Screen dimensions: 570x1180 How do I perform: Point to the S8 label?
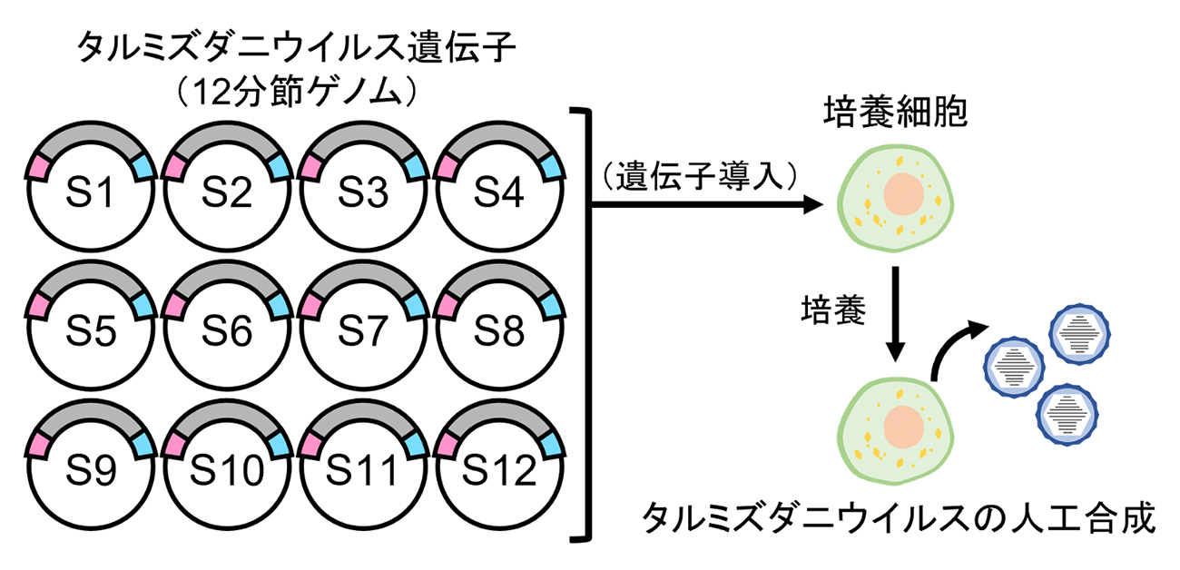(x=498, y=333)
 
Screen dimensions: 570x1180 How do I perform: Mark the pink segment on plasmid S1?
(x=39, y=166)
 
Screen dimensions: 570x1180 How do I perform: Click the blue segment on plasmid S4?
(x=550, y=166)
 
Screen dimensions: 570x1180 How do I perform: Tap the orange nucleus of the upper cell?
(x=902, y=195)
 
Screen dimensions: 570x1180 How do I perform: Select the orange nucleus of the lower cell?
(x=901, y=426)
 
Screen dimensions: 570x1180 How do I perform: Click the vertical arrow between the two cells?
(x=897, y=313)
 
